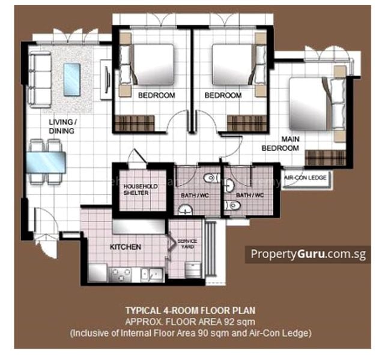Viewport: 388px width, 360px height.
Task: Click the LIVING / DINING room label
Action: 63,127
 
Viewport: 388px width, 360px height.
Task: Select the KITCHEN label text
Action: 126,247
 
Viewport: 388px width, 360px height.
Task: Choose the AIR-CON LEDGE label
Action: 305,178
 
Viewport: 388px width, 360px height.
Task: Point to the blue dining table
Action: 46,161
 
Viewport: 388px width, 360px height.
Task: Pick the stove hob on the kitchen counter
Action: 118,274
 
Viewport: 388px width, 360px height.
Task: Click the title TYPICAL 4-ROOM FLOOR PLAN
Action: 190,311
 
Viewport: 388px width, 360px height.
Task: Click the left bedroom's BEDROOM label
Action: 156,95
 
